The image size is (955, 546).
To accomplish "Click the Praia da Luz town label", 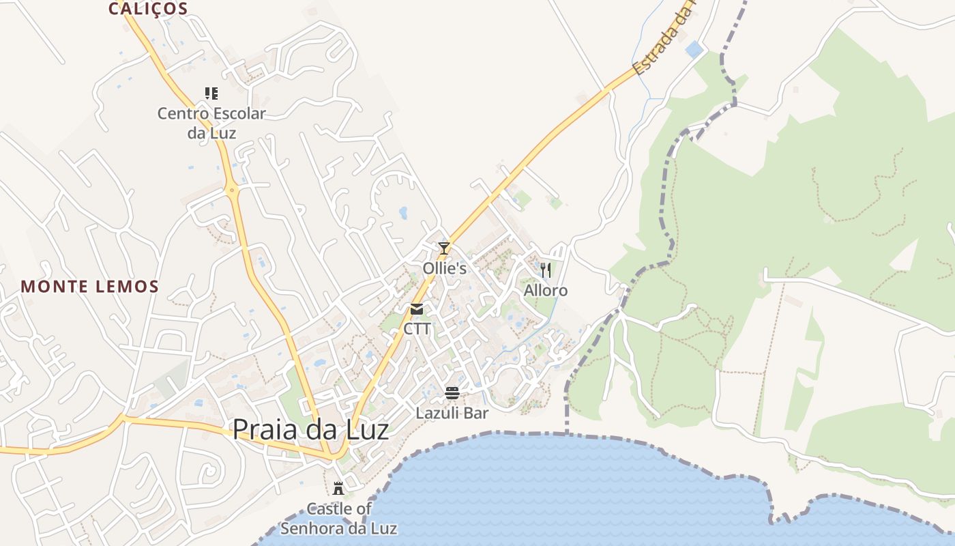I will (x=310, y=430).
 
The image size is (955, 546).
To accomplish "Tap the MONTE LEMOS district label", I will (x=89, y=287).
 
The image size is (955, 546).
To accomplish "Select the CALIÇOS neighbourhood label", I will (x=148, y=8).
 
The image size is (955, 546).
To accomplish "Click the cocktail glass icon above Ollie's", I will (x=444, y=248).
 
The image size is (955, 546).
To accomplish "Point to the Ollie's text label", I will (x=444, y=268).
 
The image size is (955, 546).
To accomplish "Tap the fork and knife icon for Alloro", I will (x=545, y=270).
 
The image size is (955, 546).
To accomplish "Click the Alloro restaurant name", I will (x=545, y=291).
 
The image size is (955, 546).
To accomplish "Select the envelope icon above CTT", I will (x=417, y=309).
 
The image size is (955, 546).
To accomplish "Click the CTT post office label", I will (x=417, y=329).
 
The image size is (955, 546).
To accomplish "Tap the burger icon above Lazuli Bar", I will (x=452, y=393).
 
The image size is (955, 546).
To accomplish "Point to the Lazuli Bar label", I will (x=452, y=413).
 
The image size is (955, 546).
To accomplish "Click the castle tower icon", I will (x=338, y=488).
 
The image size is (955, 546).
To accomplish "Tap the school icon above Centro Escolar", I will (x=211, y=93).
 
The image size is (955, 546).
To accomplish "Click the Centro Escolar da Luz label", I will (x=211, y=123).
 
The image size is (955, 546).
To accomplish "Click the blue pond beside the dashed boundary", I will (x=694, y=49).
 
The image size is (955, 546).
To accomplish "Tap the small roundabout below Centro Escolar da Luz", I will (x=233, y=190).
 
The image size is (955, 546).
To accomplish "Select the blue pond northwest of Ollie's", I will (x=403, y=213).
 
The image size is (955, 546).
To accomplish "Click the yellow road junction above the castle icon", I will (x=334, y=453).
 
